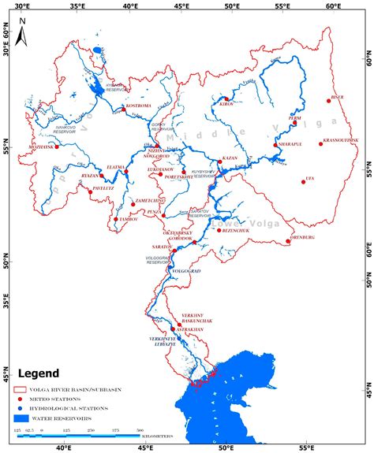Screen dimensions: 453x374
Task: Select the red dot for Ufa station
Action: pyautogui.click(x=304, y=182)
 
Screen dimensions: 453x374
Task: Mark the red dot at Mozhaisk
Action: pyautogui.click(x=57, y=147)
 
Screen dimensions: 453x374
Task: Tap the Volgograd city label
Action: pyautogui.click(x=188, y=271)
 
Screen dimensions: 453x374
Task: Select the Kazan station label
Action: pyautogui.click(x=230, y=158)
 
